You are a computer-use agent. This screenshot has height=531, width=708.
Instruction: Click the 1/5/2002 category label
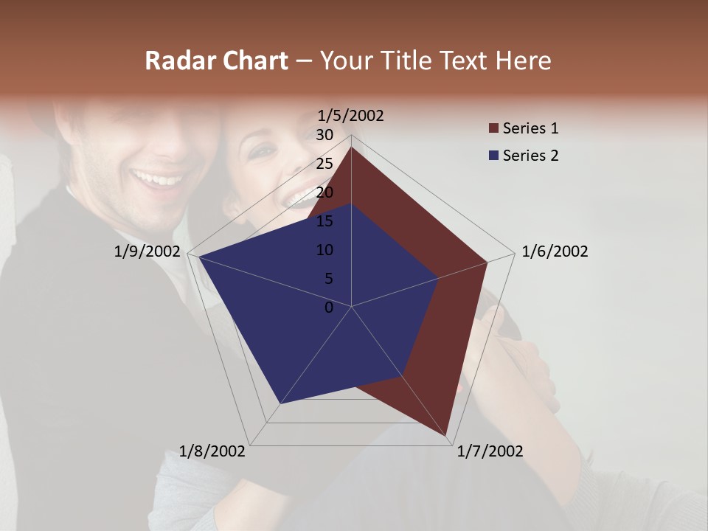click(x=351, y=116)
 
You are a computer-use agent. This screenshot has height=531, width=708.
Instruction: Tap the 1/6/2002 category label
click(x=555, y=251)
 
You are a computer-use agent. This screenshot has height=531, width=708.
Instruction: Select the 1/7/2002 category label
click(x=490, y=451)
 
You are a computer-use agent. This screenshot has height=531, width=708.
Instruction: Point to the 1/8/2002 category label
click(x=212, y=451)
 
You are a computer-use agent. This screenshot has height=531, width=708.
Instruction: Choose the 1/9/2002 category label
click(x=147, y=251)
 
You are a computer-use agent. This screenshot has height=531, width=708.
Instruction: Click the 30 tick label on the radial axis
click(x=324, y=135)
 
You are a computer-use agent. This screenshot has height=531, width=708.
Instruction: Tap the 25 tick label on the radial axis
click(x=324, y=164)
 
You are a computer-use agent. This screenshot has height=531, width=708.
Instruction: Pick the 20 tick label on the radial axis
click(x=324, y=192)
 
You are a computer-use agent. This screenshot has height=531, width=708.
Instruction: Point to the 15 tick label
click(x=324, y=221)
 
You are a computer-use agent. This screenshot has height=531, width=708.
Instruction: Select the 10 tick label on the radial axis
click(x=324, y=250)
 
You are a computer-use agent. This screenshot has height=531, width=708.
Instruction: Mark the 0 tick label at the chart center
click(x=329, y=308)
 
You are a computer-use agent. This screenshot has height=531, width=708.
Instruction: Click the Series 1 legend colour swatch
click(x=493, y=129)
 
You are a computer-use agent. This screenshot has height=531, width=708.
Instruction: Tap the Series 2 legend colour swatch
click(x=493, y=156)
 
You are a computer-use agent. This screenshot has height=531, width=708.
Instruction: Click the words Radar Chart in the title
click(x=216, y=60)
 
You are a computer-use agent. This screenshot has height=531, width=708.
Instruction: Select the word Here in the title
click(x=523, y=60)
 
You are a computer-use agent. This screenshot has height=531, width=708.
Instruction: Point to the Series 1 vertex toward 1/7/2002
click(x=447, y=436)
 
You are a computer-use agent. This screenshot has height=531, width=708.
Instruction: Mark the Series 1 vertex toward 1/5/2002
click(x=351, y=147)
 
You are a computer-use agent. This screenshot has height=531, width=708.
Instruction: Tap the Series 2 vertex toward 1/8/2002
click(x=280, y=403)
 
